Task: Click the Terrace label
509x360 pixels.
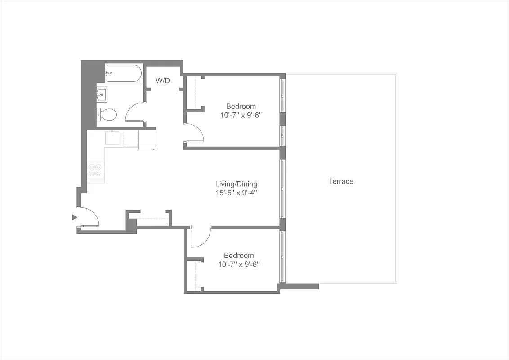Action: tap(340, 181)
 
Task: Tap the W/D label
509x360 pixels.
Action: tap(163, 81)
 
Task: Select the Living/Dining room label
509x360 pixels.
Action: tap(236, 184)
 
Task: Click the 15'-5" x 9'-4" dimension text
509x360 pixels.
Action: tap(236, 193)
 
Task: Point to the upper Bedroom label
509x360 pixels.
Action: tap(241, 107)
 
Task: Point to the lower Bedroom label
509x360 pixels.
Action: tap(239, 256)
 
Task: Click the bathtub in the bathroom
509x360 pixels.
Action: tap(124, 73)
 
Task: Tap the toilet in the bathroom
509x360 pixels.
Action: tap(107, 114)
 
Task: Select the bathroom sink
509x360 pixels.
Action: tap(102, 94)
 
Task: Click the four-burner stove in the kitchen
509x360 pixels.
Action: tap(95, 170)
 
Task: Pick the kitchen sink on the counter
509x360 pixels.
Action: tap(112, 138)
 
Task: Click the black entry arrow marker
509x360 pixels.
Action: tap(75, 217)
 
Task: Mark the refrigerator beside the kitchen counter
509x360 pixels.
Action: tap(147, 139)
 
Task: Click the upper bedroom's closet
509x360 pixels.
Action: tap(193, 93)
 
